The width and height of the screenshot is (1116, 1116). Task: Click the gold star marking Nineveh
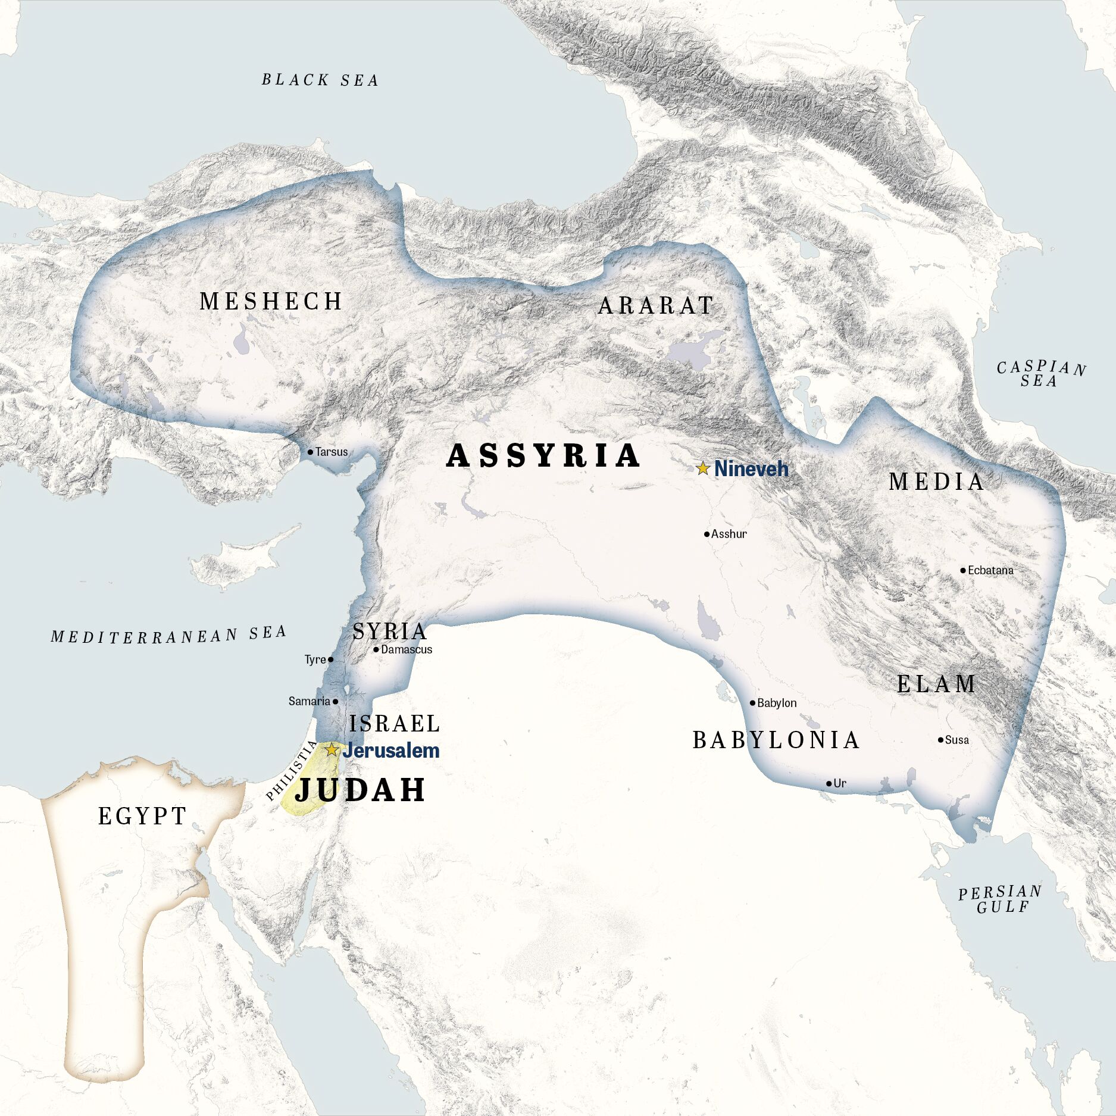tap(703, 468)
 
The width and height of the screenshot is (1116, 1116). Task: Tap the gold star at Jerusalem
tap(332, 750)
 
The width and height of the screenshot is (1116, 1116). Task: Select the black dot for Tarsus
tap(310, 452)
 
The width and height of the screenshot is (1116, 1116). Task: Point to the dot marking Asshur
tap(707, 534)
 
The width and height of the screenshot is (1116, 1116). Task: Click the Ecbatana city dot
tap(963, 570)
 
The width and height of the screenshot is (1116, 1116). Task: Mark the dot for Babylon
tap(752, 703)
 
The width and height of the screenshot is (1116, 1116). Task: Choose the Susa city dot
tap(940, 740)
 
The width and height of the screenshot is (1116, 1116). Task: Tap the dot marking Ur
tap(829, 783)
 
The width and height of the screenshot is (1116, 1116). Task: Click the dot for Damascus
tap(376, 649)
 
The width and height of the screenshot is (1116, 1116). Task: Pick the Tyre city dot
tap(331, 659)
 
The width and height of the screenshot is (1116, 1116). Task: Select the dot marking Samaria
tap(335, 702)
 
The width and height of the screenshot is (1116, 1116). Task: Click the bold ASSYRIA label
tap(543, 456)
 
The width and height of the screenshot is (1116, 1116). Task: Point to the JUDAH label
tap(361, 790)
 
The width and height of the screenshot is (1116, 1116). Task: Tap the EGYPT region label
tap(142, 816)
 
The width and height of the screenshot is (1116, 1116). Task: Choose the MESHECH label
tap(271, 301)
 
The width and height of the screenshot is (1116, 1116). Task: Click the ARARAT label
tap(656, 306)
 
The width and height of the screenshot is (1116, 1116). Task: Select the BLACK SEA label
tap(320, 80)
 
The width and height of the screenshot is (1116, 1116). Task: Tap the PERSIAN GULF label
tap(1001, 899)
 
